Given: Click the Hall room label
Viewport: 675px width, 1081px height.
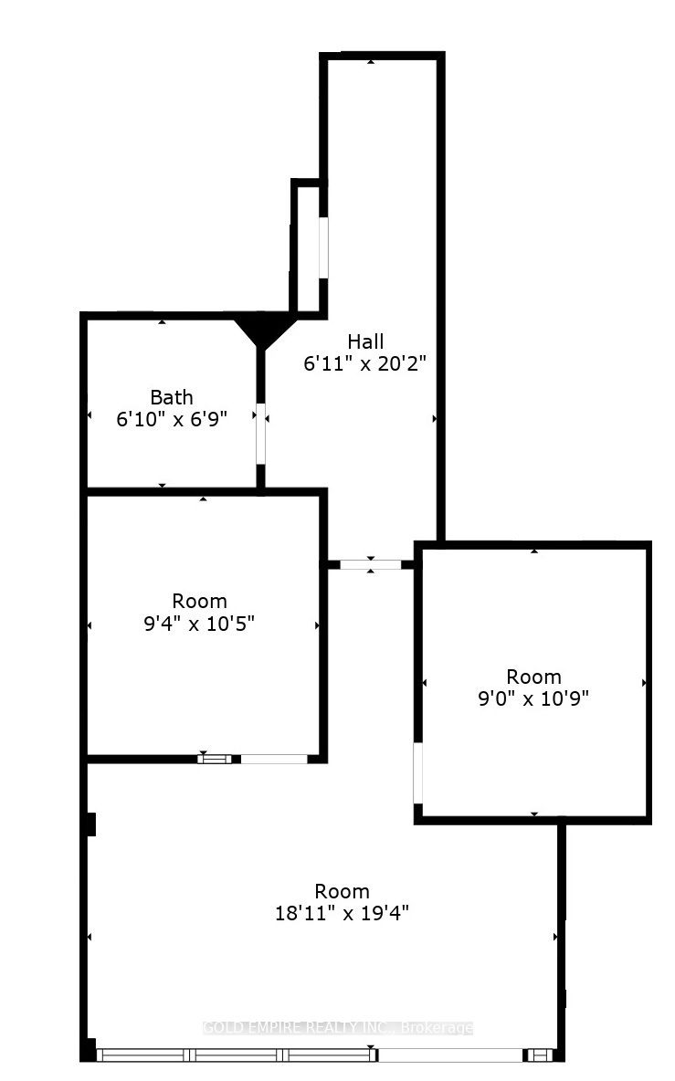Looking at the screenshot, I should [x=365, y=341].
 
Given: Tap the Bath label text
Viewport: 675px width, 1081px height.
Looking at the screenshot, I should [x=172, y=397].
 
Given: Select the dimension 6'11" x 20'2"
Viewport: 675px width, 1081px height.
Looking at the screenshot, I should [x=365, y=362].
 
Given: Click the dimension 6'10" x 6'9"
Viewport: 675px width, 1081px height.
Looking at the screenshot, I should [x=172, y=418].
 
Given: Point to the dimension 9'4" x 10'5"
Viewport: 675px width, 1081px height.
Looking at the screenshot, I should [x=201, y=623].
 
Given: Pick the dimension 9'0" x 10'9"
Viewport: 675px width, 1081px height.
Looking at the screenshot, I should [x=534, y=698].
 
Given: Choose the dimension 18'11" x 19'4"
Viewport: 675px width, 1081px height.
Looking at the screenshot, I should [x=343, y=912].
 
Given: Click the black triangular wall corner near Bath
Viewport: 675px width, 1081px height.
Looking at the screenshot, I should [x=262, y=331].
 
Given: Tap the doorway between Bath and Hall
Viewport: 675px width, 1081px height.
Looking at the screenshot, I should [x=261, y=433].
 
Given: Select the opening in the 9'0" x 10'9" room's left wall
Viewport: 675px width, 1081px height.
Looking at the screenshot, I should [x=418, y=772].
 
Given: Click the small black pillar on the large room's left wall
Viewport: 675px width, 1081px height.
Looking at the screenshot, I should [x=90, y=824].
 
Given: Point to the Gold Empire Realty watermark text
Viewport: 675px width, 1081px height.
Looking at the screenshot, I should [x=338, y=1028].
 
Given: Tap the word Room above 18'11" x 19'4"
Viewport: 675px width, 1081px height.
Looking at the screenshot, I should [x=343, y=891].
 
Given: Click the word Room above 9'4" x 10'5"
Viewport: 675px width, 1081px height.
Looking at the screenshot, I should [x=200, y=602].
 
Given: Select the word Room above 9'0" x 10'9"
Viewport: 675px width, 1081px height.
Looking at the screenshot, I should [x=534, y=677].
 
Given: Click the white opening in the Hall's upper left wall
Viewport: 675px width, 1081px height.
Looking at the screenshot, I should [x=323, y=247].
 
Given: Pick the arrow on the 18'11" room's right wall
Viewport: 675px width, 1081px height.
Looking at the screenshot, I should [x=555, y=937].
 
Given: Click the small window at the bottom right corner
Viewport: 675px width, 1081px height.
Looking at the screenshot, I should [x=542, y=1055].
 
